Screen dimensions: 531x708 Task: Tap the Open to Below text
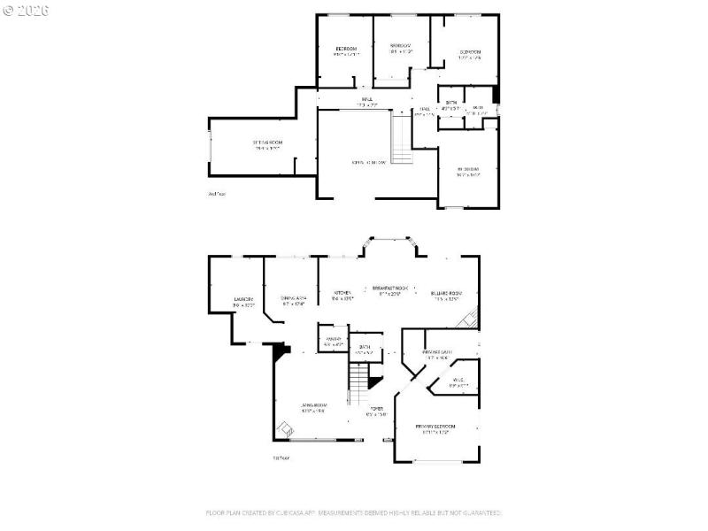pos(369,162)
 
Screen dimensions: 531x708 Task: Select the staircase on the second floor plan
pos(403,142)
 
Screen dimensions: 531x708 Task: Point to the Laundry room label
pos(244,301)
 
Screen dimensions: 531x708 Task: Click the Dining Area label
pos(293,299)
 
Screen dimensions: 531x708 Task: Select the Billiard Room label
pos(446,295)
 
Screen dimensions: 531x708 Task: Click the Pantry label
pos(334,342)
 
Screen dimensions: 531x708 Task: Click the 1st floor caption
pos(281,458)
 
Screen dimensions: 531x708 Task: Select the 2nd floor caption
pos(216,193)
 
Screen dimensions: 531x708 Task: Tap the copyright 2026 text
pos(26,11)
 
